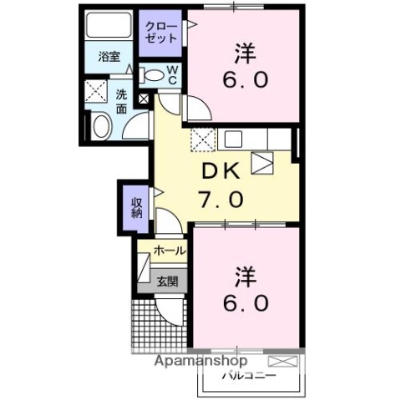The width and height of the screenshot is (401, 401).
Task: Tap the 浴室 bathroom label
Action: tap(109, 58)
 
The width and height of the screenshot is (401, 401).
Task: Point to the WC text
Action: tap(172, 75)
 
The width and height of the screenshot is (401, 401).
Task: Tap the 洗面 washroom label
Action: tap(121, 102)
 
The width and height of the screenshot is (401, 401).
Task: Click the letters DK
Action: tap(221, 171)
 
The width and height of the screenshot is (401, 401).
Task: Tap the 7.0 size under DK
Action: tap(221, 200)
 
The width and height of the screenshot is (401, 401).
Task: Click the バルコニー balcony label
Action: tap(244, 376)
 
